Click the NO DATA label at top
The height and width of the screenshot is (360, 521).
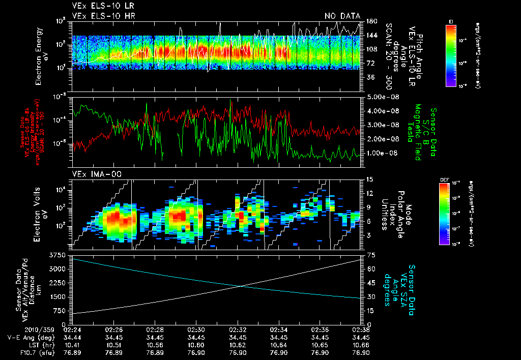342,16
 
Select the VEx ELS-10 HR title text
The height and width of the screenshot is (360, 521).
103,16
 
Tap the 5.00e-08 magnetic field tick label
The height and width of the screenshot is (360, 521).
381,97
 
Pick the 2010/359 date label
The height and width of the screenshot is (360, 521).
39,329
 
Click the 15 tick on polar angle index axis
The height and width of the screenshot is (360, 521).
367,179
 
